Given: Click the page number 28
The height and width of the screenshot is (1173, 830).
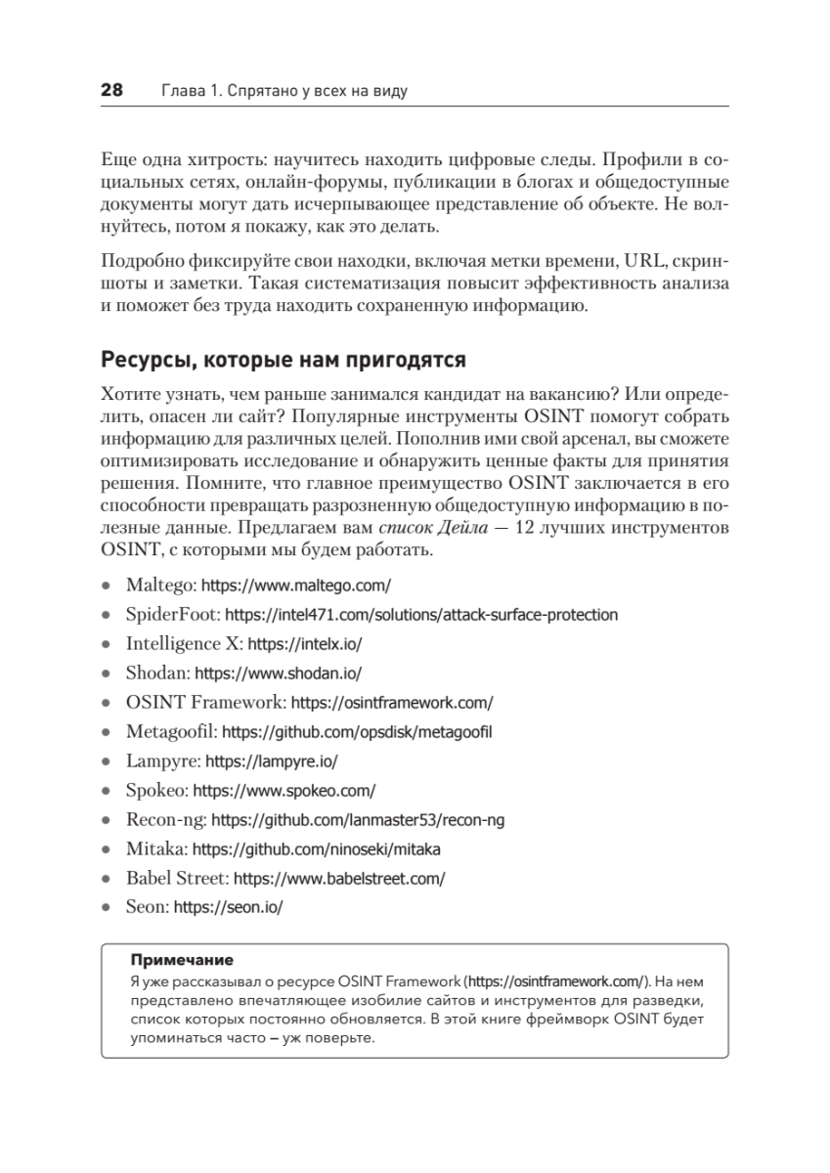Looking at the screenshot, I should (x=111, y=91).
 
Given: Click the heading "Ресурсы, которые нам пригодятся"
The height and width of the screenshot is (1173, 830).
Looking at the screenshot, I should (x=282, y=360).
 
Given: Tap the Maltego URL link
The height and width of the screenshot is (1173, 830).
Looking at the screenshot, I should (x=295, y=586).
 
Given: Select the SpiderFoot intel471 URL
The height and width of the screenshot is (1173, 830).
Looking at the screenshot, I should (x=421, y=615).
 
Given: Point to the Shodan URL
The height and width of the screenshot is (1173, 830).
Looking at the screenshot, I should (x=279, y=673).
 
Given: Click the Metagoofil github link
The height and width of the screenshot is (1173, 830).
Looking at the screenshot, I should (x=357, y=731).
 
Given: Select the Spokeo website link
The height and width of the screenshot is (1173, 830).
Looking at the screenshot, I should (x=284, y=790).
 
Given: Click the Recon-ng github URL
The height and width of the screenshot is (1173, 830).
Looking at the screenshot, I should (x=358, y=819).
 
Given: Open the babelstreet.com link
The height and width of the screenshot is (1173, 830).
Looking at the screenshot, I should (x=339, y=878).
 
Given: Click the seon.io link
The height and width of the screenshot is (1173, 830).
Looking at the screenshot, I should (x=228, y=907).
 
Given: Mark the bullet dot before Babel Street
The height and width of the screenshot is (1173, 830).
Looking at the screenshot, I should (x=106, y=879).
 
